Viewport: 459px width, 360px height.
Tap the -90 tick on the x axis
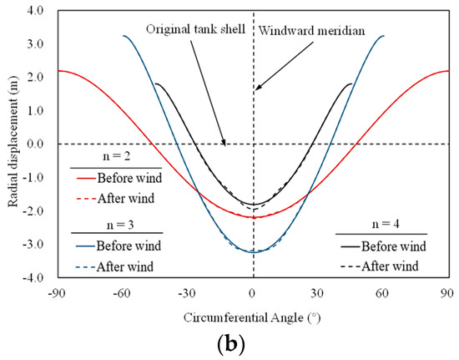[x=58, y=294]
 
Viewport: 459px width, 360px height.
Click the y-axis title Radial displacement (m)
[x=12, y=144]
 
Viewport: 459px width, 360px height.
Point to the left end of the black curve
[x=155, y=84]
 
